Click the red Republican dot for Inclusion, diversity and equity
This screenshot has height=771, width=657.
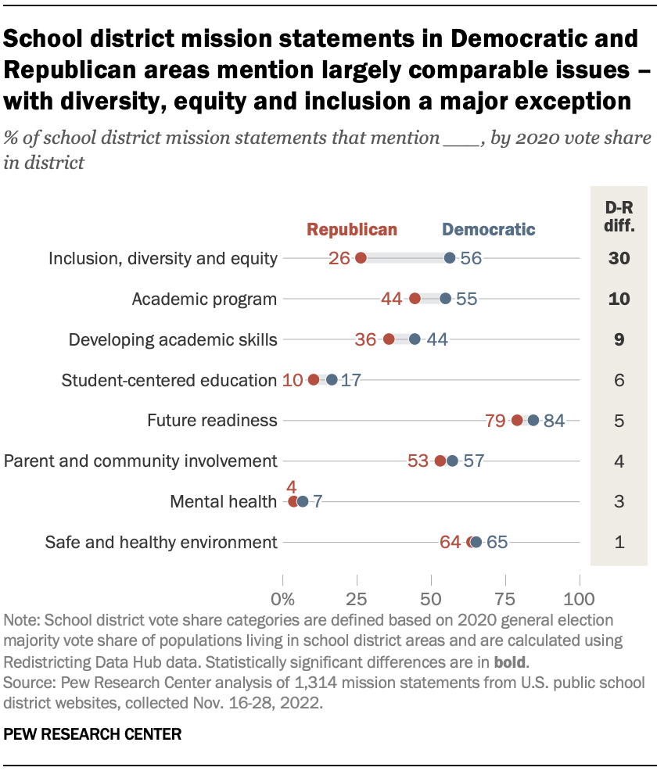(x=361, y=258)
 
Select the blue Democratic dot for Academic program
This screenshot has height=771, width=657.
(x=446, y=299)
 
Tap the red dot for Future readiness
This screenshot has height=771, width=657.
(x=517, y=420)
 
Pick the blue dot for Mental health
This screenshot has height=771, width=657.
(x=303, y=501)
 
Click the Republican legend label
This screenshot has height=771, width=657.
(x=352, y=229)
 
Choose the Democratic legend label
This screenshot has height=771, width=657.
(x=489, y=229)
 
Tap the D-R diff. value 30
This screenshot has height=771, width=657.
(x=618, y=258)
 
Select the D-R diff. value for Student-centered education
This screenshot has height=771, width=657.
(x=618, y=380)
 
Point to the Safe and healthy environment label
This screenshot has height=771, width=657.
(x=161, y=542)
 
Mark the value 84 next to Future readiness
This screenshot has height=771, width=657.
(x=554, y=421)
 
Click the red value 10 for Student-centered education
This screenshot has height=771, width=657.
(x=292, y=380)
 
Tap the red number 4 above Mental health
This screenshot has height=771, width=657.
(x=291, y=487)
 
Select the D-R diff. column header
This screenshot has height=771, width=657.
(x=618, y=219)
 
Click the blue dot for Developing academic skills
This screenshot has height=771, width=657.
(x=415, y=339)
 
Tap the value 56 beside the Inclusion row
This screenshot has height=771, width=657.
(x=471, y=258)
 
